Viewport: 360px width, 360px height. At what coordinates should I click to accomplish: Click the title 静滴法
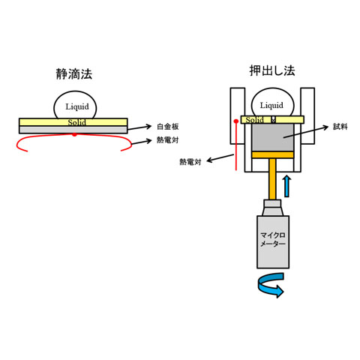pos(74,74)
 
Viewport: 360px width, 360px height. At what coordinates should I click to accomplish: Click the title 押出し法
pos(272,70)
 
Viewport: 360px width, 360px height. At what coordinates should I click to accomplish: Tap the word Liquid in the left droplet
pos(77,106)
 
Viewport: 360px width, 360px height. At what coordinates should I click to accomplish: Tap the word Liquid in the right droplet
pos(271,105)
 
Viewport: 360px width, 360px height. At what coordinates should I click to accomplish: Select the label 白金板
pos(168,127)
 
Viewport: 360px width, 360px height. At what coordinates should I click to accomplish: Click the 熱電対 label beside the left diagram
pos(168,140)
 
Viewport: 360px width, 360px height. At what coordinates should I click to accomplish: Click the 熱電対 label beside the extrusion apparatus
pos(190,162)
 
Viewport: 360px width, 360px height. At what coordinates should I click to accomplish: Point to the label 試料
pos(340,127)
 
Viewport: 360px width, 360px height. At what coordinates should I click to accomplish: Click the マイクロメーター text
pos(273,239)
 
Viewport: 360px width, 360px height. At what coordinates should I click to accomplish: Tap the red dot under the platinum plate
pos(74,135)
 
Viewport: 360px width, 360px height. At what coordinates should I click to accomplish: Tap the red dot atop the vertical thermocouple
pos(236,121)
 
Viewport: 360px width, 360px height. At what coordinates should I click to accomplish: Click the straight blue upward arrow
pos(287,186)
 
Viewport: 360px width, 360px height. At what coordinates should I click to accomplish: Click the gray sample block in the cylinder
pos(273,137)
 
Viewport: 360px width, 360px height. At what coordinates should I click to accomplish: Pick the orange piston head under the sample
pos(273,154)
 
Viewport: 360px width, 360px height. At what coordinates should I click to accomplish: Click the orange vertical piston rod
pos(272,178)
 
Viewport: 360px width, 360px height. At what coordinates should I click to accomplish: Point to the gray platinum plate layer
pos(73,130)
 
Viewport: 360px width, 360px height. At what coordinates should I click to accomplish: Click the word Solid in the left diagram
pos(76,122)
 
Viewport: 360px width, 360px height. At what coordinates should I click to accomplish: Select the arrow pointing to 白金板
pos(139,127)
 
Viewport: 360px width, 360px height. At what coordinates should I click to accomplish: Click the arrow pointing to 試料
pos(305,132)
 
